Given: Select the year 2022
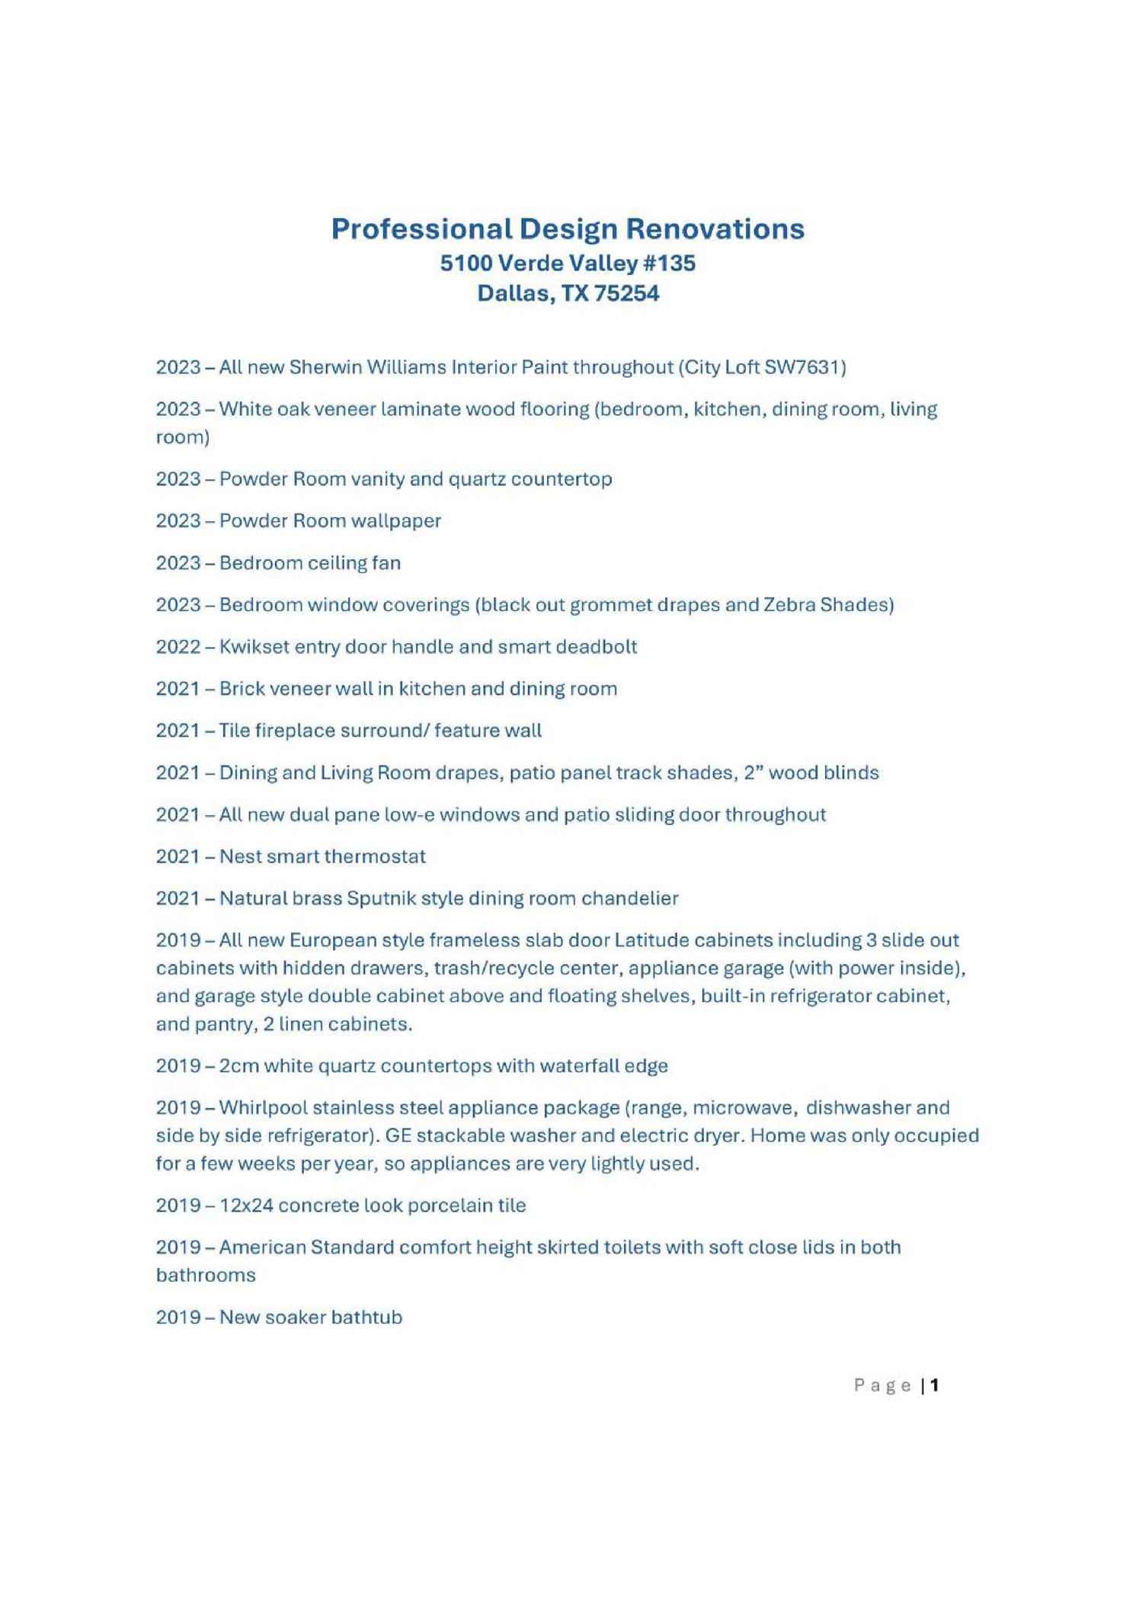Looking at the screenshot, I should tap(178, 647).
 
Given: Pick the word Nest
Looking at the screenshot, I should tap(236, 856).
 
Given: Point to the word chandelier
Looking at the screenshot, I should tap(629, 898).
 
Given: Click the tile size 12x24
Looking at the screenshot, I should tap(245, 1205).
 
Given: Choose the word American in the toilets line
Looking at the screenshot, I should tap(262, 1247).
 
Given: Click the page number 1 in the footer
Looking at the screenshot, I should tap(935, 1385).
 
